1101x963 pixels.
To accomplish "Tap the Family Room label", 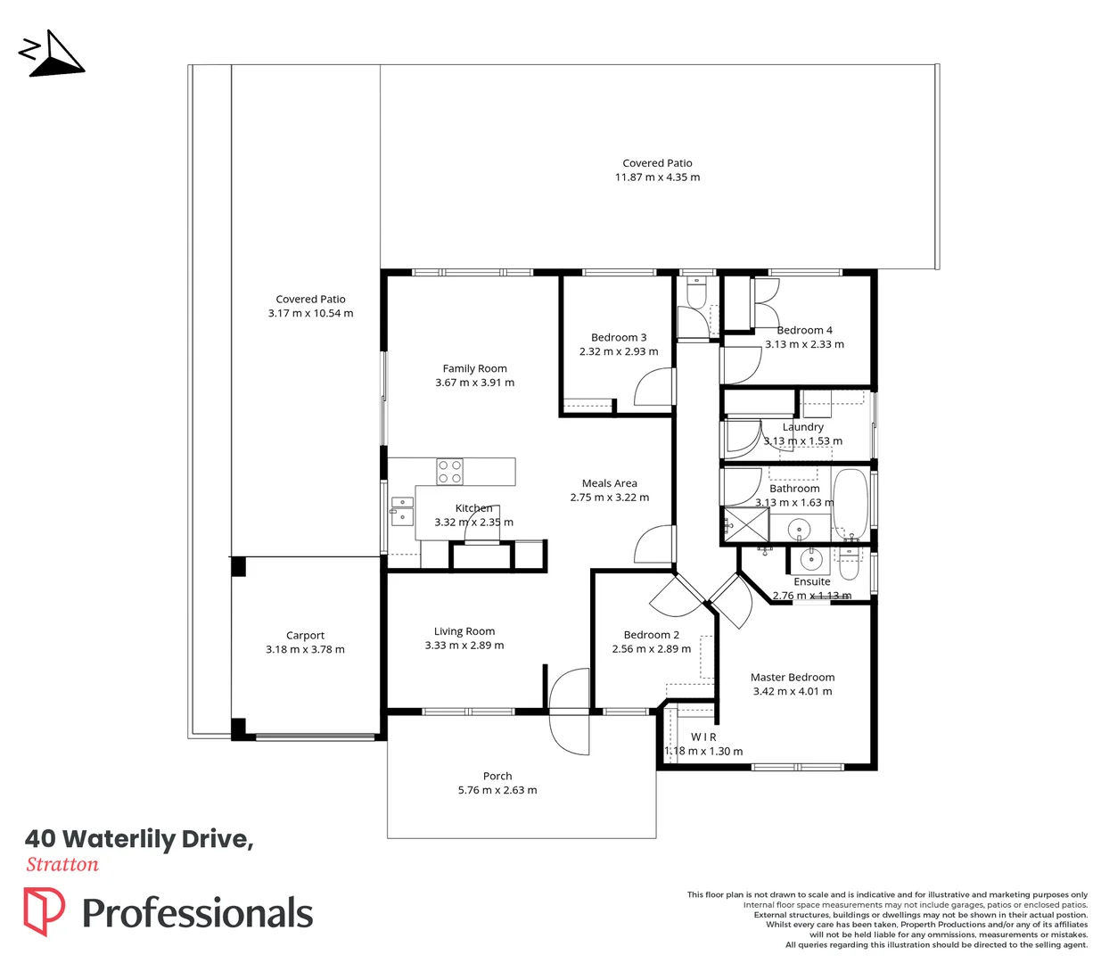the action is [474, 369].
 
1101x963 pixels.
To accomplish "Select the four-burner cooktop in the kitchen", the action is [449, 472].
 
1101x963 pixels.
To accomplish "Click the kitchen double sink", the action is [402, 511].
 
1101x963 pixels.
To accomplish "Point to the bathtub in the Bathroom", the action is [850, 505].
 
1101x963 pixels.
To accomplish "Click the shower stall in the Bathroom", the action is [746, 524].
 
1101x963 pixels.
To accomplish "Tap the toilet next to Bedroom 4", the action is [696, 292].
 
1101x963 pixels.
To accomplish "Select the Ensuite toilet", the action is [850, 564].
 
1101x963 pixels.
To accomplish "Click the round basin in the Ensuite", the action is [810, 560].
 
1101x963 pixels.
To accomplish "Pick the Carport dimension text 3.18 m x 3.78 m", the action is [305, 650].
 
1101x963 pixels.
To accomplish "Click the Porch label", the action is [497, 777].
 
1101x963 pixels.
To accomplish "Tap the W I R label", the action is [703, 737].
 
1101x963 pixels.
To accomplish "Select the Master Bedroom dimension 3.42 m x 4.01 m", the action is [793, 691].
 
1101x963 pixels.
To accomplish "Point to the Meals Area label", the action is [609, 483].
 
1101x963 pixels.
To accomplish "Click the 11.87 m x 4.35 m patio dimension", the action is [658, 177].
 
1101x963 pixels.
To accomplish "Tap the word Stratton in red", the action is [62, 865].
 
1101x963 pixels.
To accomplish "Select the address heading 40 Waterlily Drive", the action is [139, 839].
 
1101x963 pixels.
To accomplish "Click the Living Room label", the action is [464, 631].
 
